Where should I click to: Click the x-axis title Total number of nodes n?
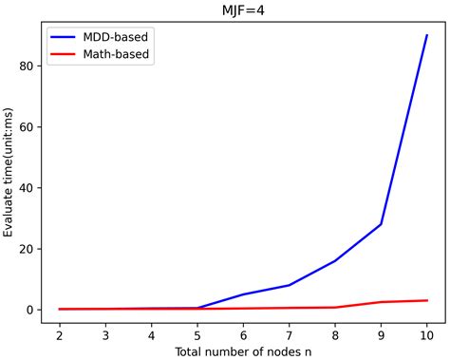tap(243, 350)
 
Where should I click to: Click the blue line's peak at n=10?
tap(427, 35)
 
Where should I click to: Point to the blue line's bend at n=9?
tap(382, 224)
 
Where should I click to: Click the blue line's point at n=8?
tap(335, 261)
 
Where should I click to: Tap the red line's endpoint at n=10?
tap(427, 300)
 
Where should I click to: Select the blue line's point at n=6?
tap(243, 294)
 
